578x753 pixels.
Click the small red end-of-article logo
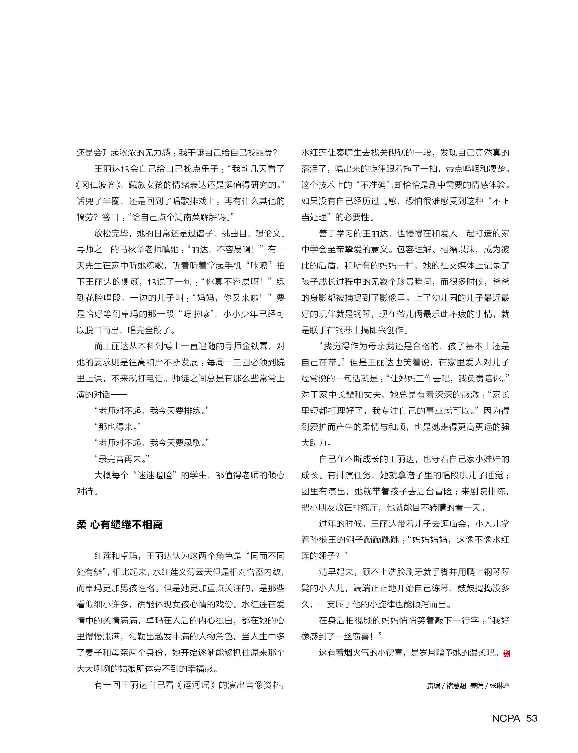pos(506,653)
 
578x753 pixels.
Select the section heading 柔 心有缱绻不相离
pos(119,525)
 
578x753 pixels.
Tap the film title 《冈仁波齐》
pos(98,185)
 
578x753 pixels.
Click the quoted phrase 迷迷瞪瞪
pos(155,475)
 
